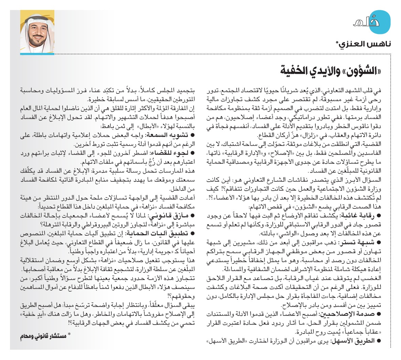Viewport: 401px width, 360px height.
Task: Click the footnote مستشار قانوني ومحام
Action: pyautogui.click(x=45, y=336)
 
